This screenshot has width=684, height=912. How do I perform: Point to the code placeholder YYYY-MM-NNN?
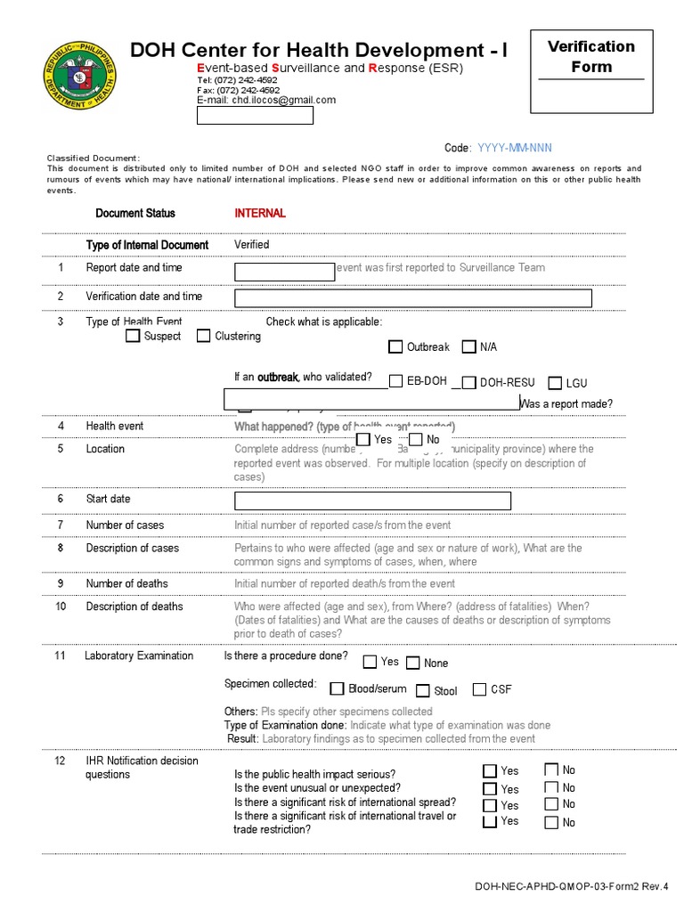click(x=520, y=148)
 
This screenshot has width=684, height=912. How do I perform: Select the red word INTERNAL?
click(x=260, y=213)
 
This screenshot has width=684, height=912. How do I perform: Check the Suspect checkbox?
click(x=133, y=336)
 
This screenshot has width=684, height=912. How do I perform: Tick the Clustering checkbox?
click(x=203, y=336)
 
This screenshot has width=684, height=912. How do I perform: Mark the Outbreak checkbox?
click(x=395, y=346)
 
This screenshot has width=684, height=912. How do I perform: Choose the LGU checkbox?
click(x=554, y=383)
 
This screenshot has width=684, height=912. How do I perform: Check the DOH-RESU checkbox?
click(x=468, y=382)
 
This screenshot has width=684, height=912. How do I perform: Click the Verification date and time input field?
click(x=413, y=297)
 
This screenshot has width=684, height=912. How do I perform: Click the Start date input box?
click(x=372, y=501)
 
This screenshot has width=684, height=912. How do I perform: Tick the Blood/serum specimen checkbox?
click(x=337, y=688)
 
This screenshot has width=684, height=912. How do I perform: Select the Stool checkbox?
click(x=423, y=690)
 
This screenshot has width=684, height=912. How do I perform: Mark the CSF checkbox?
click(x=479, y=688)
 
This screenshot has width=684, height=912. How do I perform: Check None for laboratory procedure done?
click(x=413, y=663)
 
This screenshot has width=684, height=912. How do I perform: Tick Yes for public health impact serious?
click(x=490, y=771)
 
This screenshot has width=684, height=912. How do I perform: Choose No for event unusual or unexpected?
click(x=551, y=787)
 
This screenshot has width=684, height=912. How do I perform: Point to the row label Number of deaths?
click(x=126, y=583)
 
